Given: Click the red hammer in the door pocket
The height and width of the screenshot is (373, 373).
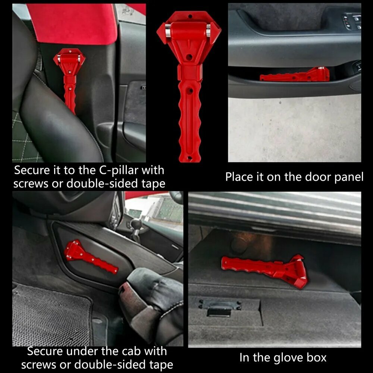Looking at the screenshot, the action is (295, 74).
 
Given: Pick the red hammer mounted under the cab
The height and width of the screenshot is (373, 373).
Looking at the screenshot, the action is (91, 257).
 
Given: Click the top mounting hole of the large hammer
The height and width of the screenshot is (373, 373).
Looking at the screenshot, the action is (190, 17).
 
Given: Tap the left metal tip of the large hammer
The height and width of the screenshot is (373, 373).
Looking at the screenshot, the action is (168, 30).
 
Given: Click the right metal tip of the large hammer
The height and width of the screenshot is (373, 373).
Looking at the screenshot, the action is (209, 30).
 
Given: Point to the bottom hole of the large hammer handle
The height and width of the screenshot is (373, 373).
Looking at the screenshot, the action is (189, 158).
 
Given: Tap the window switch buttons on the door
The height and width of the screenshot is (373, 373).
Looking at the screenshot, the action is (352, 21).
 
